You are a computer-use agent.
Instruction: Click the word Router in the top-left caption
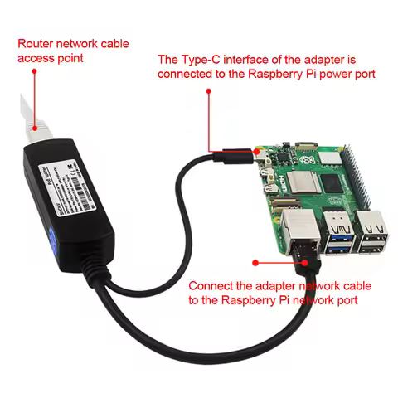(34, 42)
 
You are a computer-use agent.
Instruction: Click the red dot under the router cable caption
(34, 72)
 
